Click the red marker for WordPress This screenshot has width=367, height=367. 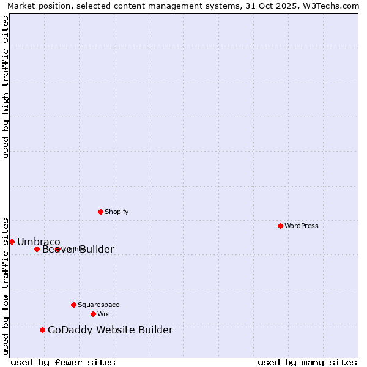click(280, 226)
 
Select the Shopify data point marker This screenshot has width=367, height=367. click(100, 212)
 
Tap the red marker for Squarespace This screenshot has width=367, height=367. click(73, 305)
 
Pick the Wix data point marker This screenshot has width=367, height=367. click(93, 314)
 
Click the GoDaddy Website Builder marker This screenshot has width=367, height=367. click(42, 330)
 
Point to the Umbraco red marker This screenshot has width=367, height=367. click(12, 242)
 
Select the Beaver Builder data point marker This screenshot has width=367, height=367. click(37, 249)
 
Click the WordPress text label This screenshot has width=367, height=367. click(302, 226)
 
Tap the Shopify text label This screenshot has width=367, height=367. click(117, 212)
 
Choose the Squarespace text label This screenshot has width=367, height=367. click(98, 305)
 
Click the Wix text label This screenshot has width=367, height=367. click(103, 314)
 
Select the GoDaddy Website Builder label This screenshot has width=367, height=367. click(110, 330)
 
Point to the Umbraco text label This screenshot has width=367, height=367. click(39, 242)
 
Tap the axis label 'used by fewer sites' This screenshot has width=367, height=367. click(63, 362)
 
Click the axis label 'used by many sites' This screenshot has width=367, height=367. click(307, 362)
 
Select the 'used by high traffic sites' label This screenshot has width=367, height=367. click(6, 87)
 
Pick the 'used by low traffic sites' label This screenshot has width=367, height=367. click(6, 286)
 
